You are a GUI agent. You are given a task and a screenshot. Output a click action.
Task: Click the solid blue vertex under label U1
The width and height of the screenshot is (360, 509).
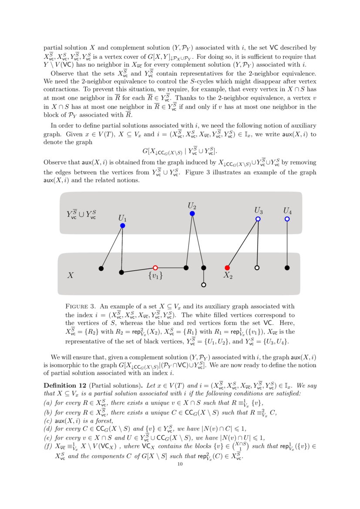coord(123,226)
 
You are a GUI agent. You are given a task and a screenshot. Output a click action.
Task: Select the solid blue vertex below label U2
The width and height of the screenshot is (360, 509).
coord(192,213)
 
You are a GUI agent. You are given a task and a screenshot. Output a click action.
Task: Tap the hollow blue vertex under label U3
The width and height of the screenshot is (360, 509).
coord(258,219)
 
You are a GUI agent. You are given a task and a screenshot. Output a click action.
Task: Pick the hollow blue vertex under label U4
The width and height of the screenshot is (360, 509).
coord(287,219)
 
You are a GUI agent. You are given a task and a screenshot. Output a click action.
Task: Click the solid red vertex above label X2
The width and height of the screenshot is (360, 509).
coord(227,267)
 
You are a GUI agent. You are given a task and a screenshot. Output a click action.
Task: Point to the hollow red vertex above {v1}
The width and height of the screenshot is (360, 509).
coord(155,268)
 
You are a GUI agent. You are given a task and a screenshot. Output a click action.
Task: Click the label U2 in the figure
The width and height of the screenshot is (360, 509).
coord(192,205)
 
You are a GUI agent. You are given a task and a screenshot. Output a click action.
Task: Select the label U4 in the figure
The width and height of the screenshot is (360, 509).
coord(287,211)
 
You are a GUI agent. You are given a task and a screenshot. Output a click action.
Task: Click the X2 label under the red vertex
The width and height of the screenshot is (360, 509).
coord(228,276)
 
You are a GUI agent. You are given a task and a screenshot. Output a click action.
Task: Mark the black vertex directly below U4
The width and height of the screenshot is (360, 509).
coord(287,267)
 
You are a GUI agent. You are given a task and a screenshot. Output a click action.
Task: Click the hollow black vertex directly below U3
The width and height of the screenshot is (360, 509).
coord(257,267)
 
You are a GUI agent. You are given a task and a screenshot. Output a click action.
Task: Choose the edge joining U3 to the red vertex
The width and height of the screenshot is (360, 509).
coord(242,243)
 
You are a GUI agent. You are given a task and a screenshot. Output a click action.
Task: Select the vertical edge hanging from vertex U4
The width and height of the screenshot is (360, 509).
coord(287,243)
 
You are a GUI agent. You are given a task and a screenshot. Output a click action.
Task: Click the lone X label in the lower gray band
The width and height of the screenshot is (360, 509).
coord(70,275)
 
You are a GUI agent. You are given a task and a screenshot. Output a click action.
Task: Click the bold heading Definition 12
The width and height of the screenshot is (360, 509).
coord(64,385)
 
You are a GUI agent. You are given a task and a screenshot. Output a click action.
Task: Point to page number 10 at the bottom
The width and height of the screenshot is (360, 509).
coord(180,464)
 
